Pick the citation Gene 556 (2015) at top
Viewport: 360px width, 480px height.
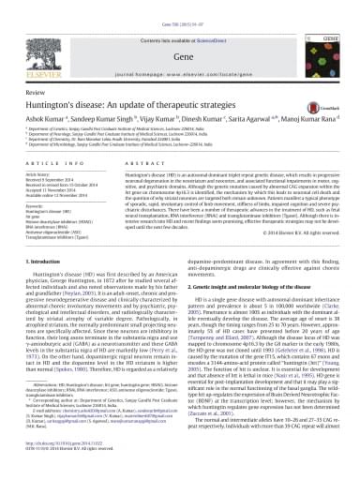180,7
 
